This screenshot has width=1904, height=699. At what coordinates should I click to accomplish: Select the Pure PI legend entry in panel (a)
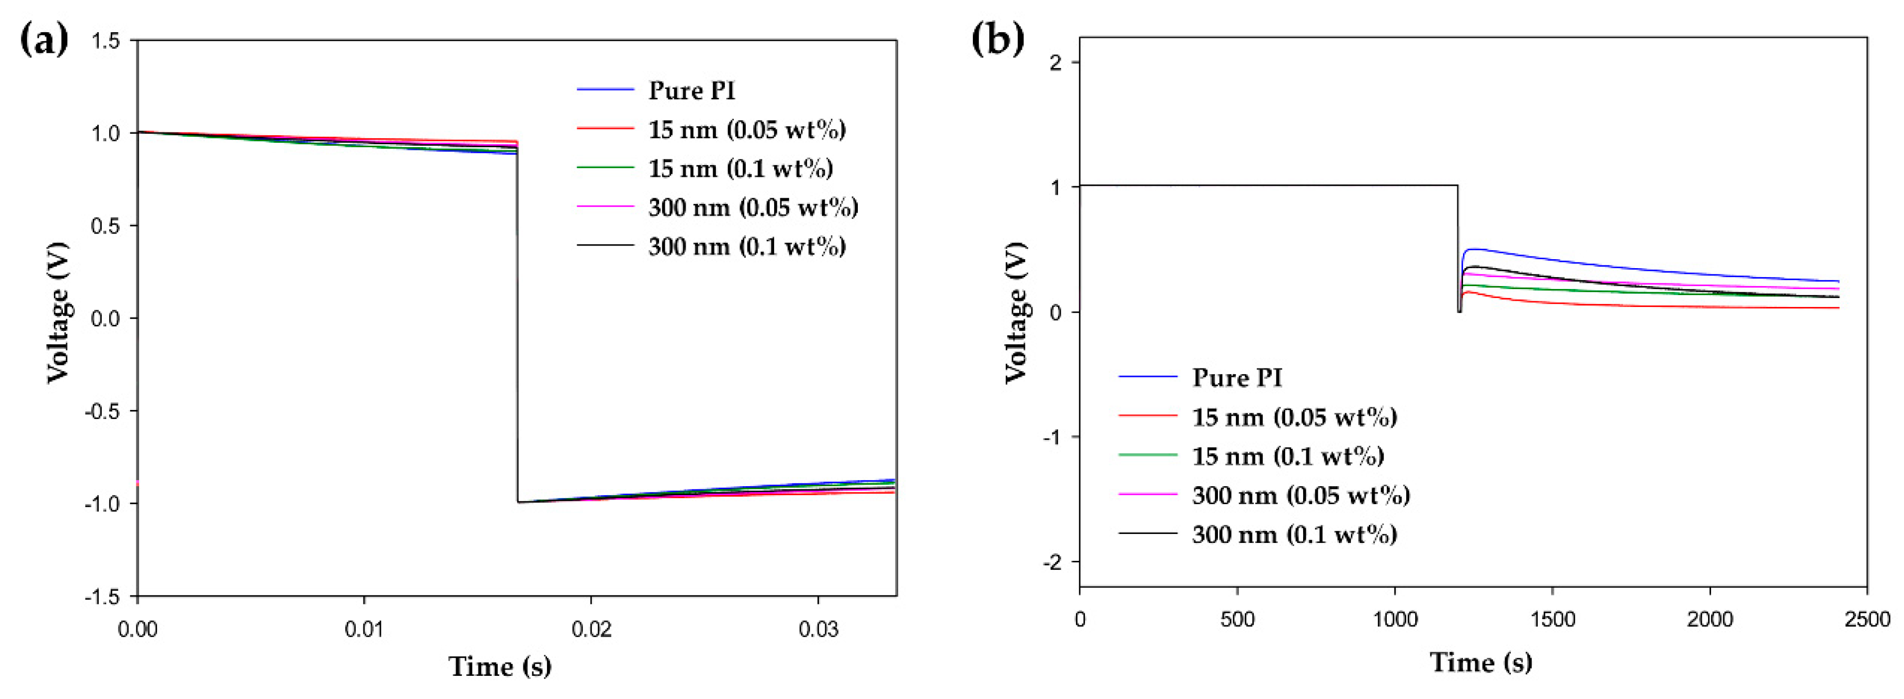click(x=691, y=90)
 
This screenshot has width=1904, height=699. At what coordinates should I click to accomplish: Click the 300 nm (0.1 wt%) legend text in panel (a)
click(x=747, y=246)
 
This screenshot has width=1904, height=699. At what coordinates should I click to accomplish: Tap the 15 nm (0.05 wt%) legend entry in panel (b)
click(x=1294, y=418)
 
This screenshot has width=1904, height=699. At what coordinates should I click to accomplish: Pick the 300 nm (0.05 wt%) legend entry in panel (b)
click(x=1300, y=495)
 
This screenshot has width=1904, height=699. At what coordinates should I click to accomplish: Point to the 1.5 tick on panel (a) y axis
click(x=105, y=41)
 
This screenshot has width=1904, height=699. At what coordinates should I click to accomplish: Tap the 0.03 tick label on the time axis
click(x=818, y=629)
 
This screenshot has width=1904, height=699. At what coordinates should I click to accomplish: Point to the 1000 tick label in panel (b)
click(x=1395, y=619)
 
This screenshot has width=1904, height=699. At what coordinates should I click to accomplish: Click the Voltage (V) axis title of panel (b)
click(x=1016, y=313)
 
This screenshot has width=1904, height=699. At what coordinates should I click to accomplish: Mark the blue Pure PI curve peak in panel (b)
click(x=1474, y=249)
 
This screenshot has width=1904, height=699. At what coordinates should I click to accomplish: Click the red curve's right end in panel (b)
click(x=1837, y=307)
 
